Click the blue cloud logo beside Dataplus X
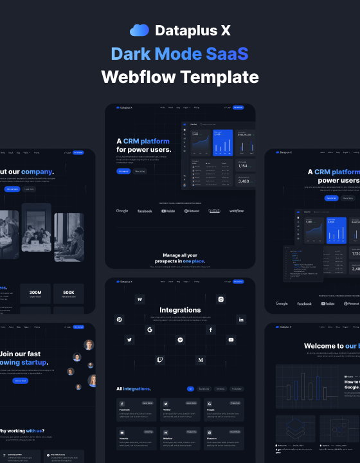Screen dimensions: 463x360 139,30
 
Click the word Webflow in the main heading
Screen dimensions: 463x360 138,77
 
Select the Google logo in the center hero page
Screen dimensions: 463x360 122,211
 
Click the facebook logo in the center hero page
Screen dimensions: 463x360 145,211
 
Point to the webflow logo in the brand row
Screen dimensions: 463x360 237,211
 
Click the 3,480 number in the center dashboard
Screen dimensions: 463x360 244,181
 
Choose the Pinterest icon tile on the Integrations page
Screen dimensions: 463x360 119,320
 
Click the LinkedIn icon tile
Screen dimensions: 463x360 241,320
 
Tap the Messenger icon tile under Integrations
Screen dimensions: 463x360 181,340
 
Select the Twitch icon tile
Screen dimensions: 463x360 160,360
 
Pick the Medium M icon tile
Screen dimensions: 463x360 201,361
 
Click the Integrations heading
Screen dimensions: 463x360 180,310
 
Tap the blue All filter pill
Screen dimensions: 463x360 190,389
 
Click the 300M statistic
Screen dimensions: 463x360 35,293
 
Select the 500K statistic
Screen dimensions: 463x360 68,293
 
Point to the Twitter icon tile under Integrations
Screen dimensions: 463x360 129,340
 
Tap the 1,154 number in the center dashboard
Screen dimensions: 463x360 244,166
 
